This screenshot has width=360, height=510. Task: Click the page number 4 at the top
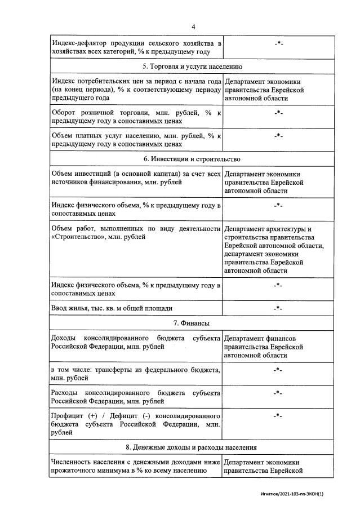tap(193, 26)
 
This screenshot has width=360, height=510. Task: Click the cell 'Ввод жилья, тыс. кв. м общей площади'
tap(112, 308)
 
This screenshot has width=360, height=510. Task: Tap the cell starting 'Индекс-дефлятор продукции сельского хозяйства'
tap(136, 47)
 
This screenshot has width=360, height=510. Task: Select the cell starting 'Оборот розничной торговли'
tap(136, 117)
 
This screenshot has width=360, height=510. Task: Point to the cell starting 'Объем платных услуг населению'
tap(136, 140)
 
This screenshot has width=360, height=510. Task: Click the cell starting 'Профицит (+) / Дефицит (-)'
tap(136, 424)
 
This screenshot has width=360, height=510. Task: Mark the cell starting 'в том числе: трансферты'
tap(136, 374)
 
